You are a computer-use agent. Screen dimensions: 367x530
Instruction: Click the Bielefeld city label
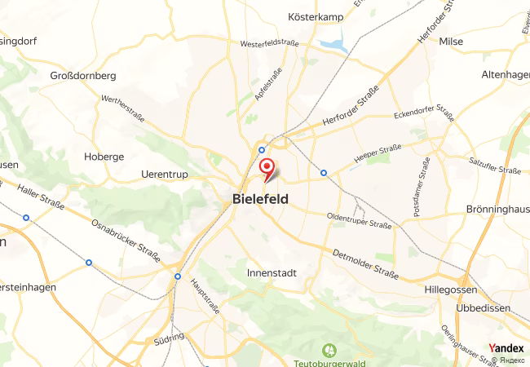click(x=260, y=198)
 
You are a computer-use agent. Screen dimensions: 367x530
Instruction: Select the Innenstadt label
click(x=272, y=274)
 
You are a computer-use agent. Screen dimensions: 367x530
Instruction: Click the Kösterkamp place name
click(x=314, y=16)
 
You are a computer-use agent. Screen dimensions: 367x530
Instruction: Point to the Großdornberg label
click(x=83, y=76)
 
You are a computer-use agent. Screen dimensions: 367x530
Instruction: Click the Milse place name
click(x=451, y=41)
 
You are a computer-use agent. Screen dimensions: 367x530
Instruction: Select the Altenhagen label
click(x=506, y=75)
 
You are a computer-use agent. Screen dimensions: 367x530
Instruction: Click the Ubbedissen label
click(x=462, y=307)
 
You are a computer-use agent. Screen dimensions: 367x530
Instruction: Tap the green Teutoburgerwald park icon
click(x=329, y=351)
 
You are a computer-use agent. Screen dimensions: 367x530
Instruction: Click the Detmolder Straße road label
click(x=366, y=266)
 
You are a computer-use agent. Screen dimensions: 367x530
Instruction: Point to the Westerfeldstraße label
click(x=269, y=43)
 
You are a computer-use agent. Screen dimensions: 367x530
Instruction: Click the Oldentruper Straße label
click(x=359, y=221)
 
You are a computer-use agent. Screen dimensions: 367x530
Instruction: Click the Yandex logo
click(x=506, y=348)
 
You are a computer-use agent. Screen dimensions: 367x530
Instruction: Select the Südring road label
click(x=168, y=338)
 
